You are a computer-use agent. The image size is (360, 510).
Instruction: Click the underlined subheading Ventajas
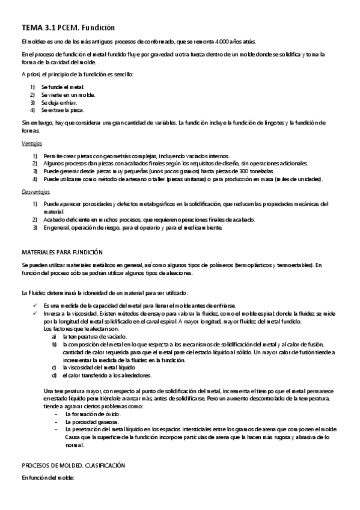[x=31, y=144]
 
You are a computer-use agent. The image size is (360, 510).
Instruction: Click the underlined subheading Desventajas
[x=35, y=192]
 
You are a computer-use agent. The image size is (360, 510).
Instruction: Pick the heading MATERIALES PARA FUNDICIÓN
[x=62, y=253]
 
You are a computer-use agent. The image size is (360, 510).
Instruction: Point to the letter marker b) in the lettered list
[x=55, y=345]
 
